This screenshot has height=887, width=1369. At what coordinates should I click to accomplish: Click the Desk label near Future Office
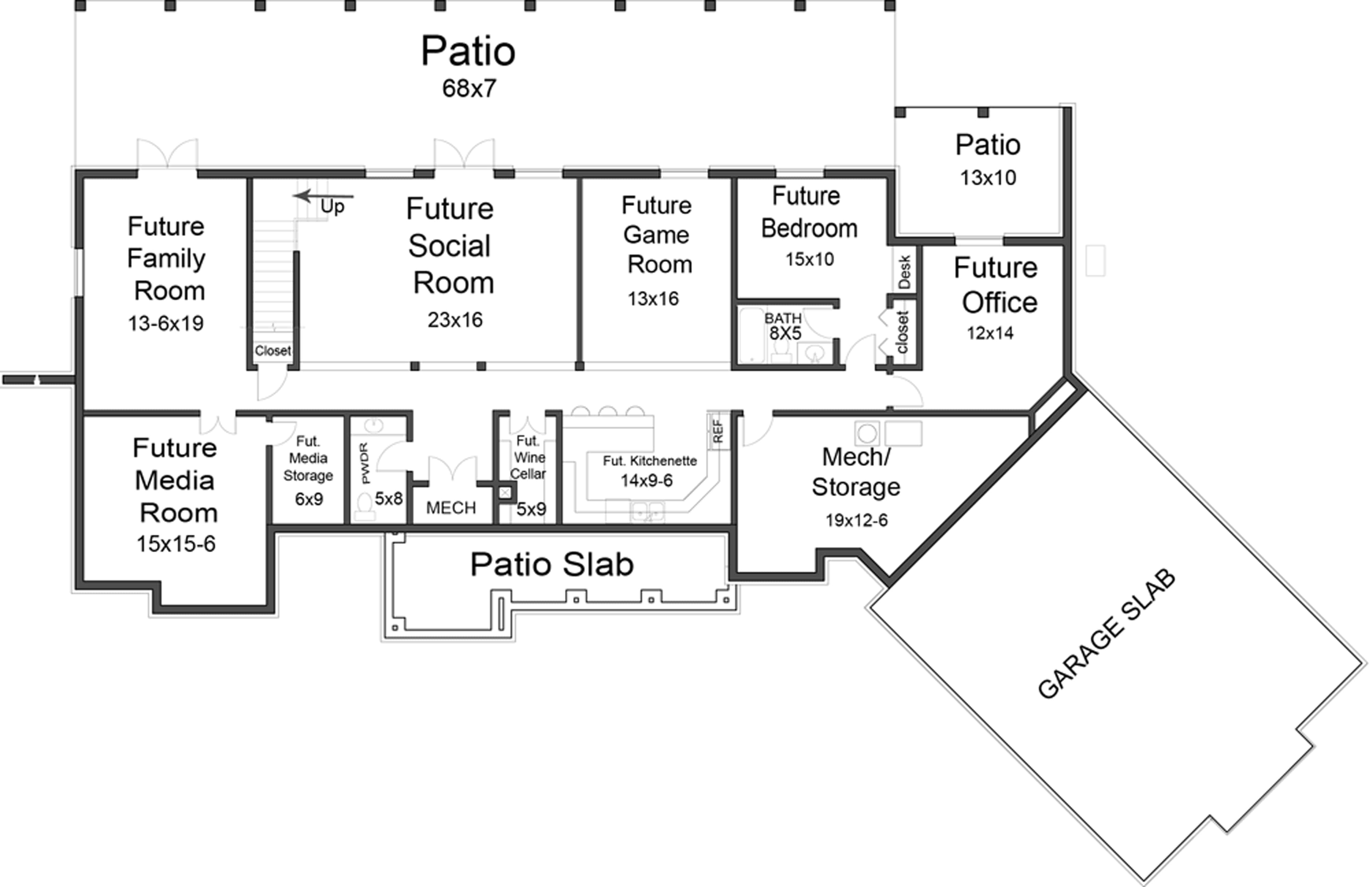[904, 271]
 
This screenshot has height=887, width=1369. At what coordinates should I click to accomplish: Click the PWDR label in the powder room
[365, 463]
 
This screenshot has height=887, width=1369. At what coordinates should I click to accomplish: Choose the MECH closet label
[451, 508]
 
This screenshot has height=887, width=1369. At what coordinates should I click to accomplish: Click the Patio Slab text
[552, 564]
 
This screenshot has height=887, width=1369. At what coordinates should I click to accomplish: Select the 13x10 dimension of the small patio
[988, 178]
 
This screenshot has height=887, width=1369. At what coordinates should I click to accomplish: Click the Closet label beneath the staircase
[273, 351]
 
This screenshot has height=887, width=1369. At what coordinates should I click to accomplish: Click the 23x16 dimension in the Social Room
[455, 320]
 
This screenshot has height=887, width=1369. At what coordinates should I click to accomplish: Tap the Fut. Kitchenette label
[649, 461]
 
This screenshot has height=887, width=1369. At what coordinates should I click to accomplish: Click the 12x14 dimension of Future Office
[989, 333]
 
